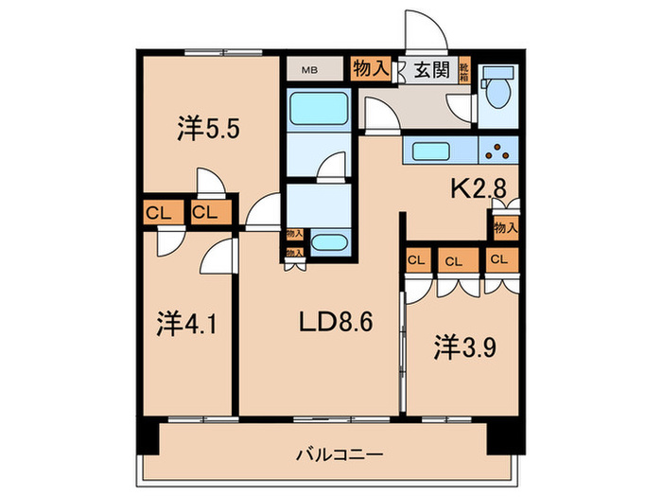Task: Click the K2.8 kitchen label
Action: (481, 188)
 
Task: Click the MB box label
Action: (309, 69)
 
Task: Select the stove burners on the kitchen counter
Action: (497, 149)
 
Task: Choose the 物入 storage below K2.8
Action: (505, 227)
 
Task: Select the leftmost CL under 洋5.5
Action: (158, 213)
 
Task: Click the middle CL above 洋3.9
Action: (453, 260)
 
